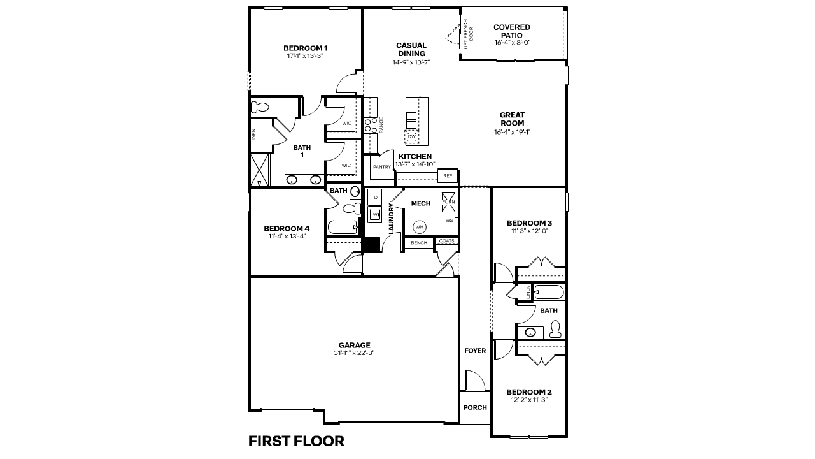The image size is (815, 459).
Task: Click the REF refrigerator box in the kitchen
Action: pyautogui.click(x=447, y=176)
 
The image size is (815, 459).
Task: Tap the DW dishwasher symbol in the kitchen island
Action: pyautogui.click(x=412, y=136)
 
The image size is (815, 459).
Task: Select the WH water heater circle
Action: pyautogui.click(x=420, y=226)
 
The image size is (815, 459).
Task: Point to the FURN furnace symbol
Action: pyautogui.click(x=448, y=198)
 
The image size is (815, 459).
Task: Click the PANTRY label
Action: pyautogui.click(x=381, y=168)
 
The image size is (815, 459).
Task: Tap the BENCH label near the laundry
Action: pyautogui.click(x=418, y=243)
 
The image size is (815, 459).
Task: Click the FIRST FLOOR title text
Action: pyautogui.click(x=296, y=441)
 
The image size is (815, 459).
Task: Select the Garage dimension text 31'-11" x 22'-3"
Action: pyautogui.click(x=353, y=353)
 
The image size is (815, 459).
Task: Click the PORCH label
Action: pyautogui.click(x=475, y=408)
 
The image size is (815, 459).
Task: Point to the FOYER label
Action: pyautogui.click(x=475, y=351)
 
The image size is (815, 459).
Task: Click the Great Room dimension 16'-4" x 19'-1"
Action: pyautogui.click(x=512, y=132)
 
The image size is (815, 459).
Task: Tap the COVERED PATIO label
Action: pyautogui.click(x=512, y=31)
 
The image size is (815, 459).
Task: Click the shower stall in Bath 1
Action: pyautogui.click(x=260, y=170)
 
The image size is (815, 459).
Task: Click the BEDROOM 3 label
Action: pyautogui.click(x=529, y=223)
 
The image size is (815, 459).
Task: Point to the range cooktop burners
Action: pyautogui.click(x=370, y=126)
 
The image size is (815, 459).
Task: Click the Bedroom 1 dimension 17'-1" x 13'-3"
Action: pyautogui.click(x=306, y=56)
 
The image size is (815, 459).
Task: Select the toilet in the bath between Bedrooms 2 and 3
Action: pyautogui.click(x=555, y=328)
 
